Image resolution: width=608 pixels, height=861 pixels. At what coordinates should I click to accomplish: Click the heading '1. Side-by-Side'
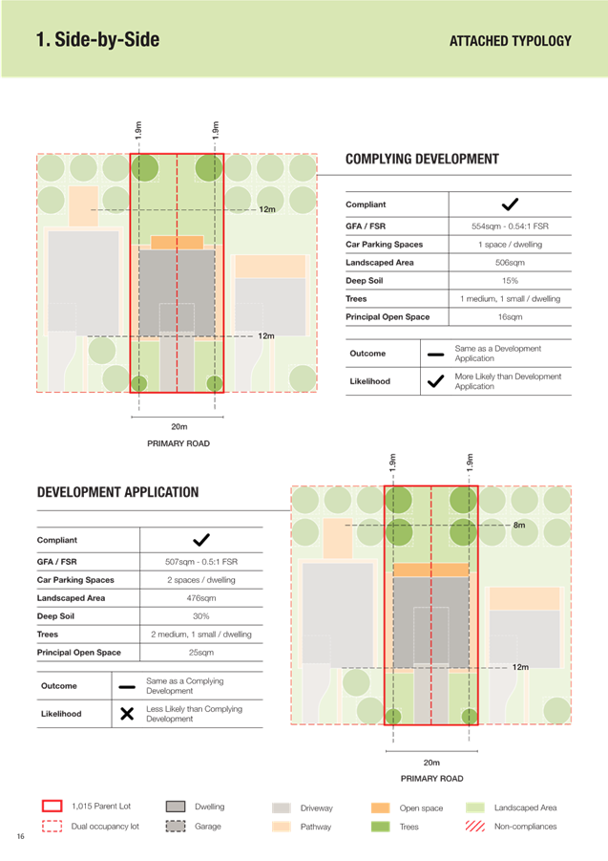[97, 39]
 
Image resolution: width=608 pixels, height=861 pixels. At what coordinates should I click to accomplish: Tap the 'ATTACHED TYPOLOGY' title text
[511, 41]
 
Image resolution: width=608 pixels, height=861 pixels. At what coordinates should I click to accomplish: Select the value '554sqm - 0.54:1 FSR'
[510, 226]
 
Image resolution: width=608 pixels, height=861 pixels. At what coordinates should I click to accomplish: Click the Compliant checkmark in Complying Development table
[510, 204]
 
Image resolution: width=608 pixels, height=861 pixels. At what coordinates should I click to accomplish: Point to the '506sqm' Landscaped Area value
[510, 263]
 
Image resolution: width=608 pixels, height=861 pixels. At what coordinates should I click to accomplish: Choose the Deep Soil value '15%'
[510, 281]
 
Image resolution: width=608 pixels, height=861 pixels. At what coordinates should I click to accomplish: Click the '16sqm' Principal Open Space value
[510, 317]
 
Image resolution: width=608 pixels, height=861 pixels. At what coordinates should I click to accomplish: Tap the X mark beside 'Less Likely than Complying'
[127, 714]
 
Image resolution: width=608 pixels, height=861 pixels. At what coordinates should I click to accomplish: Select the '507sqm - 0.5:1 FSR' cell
[201, 562]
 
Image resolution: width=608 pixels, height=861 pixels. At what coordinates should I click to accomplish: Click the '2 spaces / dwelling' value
[201, 580]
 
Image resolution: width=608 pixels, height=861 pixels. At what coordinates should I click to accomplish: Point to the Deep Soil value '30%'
[201, 616]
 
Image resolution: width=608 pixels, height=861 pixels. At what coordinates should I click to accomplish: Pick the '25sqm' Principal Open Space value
[201, 653]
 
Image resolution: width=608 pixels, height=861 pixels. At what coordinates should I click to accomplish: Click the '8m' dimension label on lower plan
[519, 526]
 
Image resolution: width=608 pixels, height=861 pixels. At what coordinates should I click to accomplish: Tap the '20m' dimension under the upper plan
[179, 426]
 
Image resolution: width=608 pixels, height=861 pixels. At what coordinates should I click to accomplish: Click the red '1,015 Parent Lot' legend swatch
[52, 807]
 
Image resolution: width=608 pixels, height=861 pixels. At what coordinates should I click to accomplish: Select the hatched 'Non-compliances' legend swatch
[474, 826]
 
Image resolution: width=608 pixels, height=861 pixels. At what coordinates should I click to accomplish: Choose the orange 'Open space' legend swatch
[381, 807]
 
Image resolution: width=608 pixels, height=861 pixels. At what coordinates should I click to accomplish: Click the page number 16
[21, 836]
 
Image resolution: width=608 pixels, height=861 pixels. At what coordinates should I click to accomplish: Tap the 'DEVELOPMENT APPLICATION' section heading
[117, 492]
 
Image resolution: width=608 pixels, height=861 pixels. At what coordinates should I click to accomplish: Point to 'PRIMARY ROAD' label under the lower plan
[432, 779]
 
